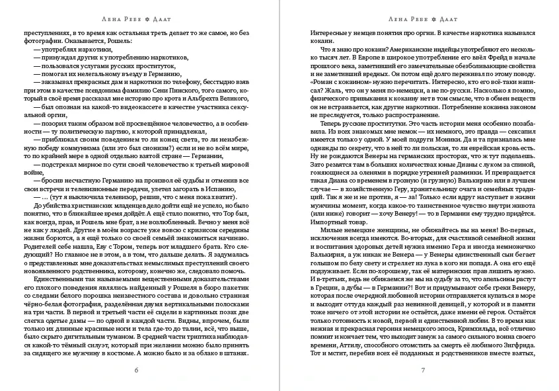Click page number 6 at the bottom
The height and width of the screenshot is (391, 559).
tap(135, 370)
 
